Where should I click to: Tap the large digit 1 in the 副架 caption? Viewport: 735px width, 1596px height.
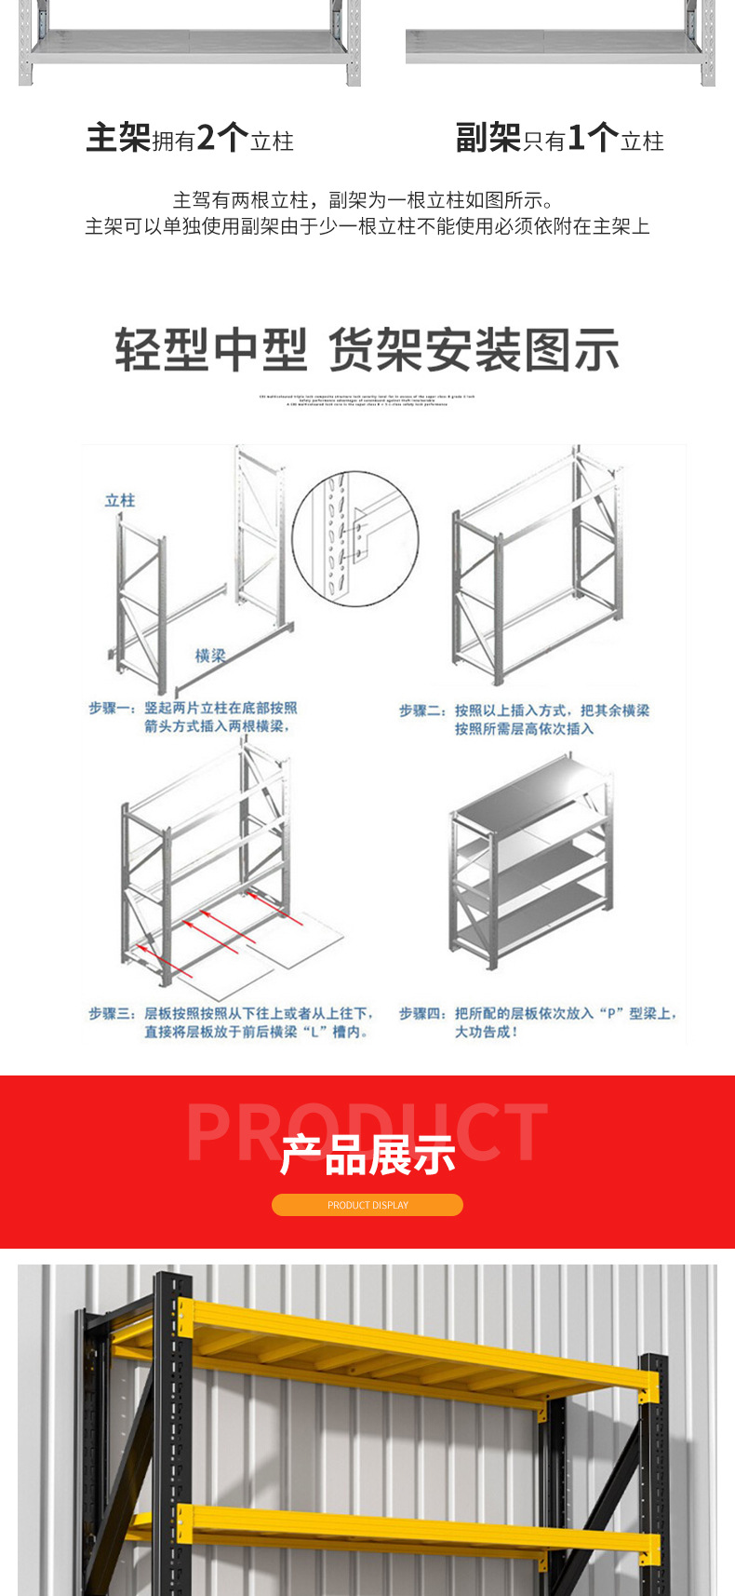pyautogui.click(x=576, y=138)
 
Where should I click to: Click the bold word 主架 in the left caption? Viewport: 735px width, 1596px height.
pyautogui.click(x=118, y=138)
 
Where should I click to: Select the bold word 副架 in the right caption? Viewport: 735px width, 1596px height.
pyautogui.click(x=488, y=138)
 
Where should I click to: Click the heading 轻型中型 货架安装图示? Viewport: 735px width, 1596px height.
pyautogui.click(x=367, y=350)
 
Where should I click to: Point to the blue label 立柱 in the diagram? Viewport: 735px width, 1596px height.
pyautogui.click(x=120, y=500)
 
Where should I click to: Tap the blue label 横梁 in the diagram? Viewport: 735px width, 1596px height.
pyautogui.click(x=210, y=656)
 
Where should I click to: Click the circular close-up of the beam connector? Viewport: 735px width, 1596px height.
pyautogui.click(x=354, y=538)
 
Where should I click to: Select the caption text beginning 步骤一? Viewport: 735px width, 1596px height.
pyautogui.click(x=194, y=717)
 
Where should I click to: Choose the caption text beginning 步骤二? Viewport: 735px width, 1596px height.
pyautogui.click(x=524, y=719)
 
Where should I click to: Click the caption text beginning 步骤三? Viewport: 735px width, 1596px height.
pyautogui.click(x=232, y=1021)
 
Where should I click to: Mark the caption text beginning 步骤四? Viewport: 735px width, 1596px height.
pyautogui.click(x=537, y=1021)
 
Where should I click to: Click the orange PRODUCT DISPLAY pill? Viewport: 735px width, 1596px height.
pyautogui.click(x=367, y=1205)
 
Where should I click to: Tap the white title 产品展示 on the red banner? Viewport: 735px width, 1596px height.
pyautogui.click(x=367, y=1155)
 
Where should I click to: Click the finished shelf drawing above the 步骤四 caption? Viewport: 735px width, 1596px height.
pyautogui.click(x=529, y=861)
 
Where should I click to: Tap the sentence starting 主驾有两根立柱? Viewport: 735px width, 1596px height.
pyautogui.click(x=364, y=200)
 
